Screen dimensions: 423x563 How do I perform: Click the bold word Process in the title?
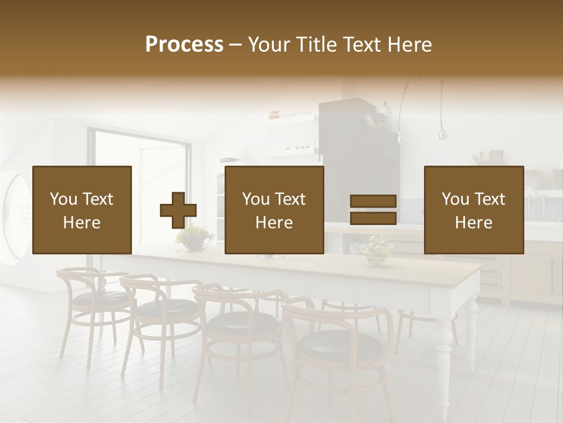click(x=184, y=45)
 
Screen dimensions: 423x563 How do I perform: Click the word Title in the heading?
click(x=314, y=45)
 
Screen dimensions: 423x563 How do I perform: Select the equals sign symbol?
click(x=373, y=210)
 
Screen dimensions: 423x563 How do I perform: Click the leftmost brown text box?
click(x=82, y=210)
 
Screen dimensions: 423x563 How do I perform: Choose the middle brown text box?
click(x=274, y=210)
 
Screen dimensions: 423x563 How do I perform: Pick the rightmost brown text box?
click(x=473, y=210)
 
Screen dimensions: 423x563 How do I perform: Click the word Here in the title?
click(x=409, y=45)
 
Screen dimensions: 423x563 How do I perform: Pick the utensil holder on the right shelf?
click(x=496, y=157)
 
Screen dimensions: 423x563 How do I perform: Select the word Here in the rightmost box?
click(x=473, y=223)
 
